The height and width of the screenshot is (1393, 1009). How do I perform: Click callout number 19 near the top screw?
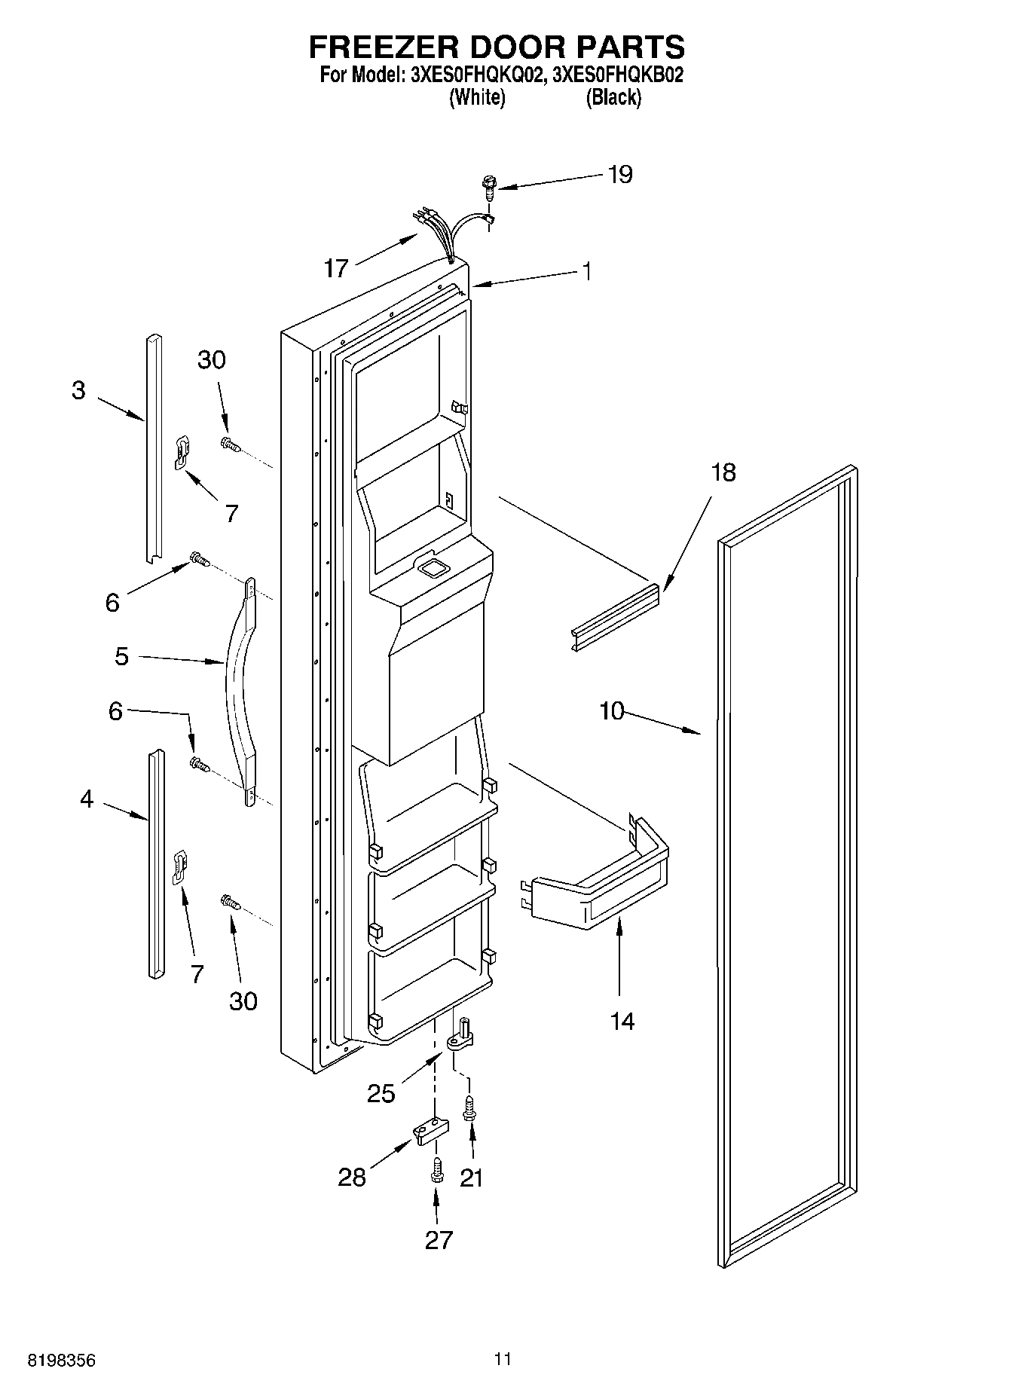point(620,175)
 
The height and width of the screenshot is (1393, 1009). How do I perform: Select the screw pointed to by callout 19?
point(489,185)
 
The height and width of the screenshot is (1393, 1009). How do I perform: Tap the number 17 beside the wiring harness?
point(336,267)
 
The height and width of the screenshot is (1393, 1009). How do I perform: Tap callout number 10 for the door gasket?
point(612,710)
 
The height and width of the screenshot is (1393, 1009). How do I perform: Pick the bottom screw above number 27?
point(437,1172)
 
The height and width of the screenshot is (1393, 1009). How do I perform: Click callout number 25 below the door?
point(381,1093)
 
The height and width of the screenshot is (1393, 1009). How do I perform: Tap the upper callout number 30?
point(212,360)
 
